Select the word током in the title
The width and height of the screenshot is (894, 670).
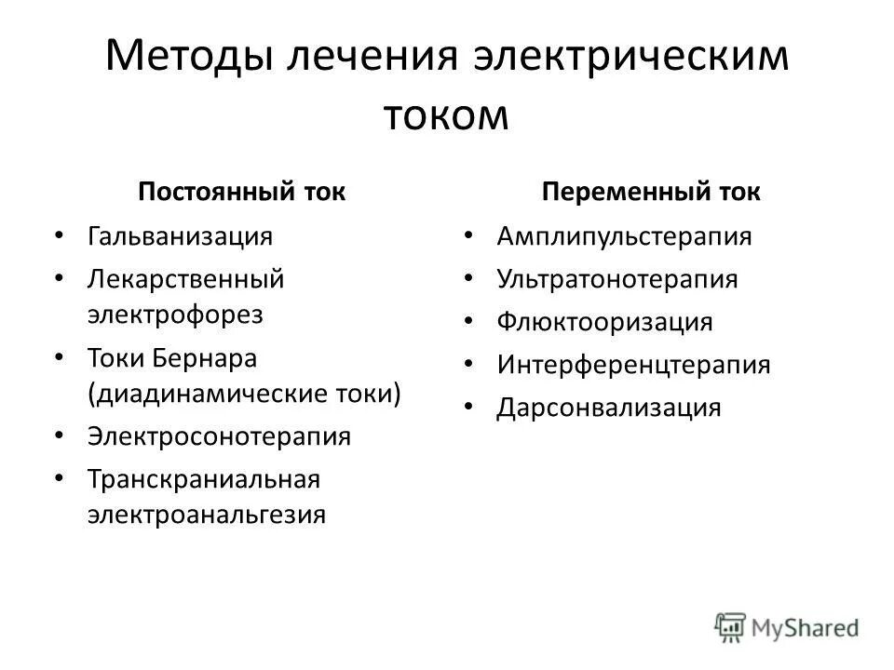coord(447,115)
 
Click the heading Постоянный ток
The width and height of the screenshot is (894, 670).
coord(241,193)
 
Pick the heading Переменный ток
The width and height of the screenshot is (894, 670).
coord(652,193)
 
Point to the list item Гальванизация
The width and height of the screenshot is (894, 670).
coord(181,235)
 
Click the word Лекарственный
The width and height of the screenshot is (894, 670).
coord(185,278)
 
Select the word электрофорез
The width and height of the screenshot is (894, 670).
coord(176,314)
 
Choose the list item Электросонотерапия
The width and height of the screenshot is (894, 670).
coord(220,436)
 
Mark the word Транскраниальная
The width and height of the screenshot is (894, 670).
coord(204,479)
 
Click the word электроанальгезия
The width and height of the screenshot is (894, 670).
coord(207,515)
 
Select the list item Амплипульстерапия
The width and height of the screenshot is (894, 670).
coord(624,235)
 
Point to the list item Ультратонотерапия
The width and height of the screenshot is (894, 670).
coord(617,279)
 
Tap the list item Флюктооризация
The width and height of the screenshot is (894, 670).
coord(604,322)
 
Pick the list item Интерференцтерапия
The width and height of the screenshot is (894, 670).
coord(633,365)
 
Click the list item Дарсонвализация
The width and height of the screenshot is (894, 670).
coord(609,408)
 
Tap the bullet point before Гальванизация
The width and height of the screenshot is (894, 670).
coord(61,234)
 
